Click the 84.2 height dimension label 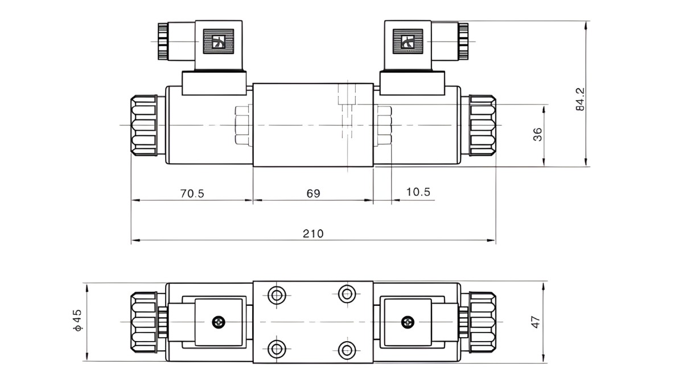580,99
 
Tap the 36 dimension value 537,134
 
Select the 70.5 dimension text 192,193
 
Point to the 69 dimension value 313,193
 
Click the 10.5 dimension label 418,192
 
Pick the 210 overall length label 313,234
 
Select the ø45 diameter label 77,321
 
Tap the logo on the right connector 408,42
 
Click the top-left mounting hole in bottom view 277,295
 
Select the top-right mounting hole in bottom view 347,294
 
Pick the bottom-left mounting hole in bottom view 277,348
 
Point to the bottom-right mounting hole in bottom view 347,348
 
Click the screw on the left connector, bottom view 219,322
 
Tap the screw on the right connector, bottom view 406,322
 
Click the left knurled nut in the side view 143,125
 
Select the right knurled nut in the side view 482,125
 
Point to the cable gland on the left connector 163,41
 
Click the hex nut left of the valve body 242,125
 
